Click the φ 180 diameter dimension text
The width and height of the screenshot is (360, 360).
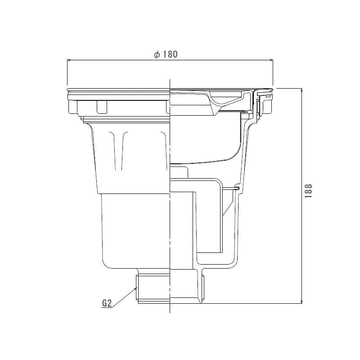(x=166, y=54)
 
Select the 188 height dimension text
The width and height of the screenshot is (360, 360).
(x=309, y=191)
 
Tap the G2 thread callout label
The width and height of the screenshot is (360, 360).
(x=107, y=303)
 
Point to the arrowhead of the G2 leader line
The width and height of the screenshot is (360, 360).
(x=136, y=288)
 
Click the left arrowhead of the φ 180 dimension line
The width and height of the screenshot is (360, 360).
(x=69, y=60)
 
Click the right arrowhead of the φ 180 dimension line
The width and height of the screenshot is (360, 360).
(x=271, y=60)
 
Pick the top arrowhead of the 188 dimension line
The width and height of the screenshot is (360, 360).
(x=301, y=90)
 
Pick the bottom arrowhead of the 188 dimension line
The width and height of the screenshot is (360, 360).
(x=301, y=301)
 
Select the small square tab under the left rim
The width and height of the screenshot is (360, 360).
(x=102, y=107)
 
